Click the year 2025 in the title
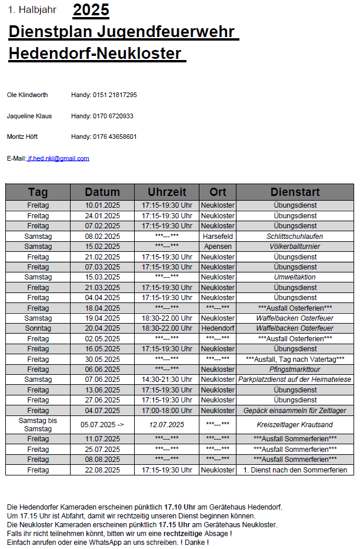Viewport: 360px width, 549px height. (x=91, y=10)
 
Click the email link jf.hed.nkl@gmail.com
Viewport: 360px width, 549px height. (x=58, y=158)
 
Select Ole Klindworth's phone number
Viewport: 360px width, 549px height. (x=115, y=95)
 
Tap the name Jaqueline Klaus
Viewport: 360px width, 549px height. (x=29, y=116)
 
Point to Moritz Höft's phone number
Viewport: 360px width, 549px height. (x=115, y=137)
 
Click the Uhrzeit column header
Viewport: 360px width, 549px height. (x=167, y=192)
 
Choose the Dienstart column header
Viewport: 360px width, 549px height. (x=295, y=192)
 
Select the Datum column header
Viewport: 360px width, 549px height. (x=102, y=192)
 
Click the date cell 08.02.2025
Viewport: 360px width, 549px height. (x=102, y=236)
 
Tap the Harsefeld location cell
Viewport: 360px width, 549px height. (x=218, y=236)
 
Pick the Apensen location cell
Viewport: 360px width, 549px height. (x=218, y=247)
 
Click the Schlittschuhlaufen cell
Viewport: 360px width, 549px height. (x=295, y=236)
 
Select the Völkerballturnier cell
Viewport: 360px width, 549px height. (x=295, y=247)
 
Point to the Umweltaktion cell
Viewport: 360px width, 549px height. (x=295, y=277)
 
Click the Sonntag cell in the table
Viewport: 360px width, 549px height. (x=38, y=328)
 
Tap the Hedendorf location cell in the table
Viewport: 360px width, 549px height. (x=218, y=328)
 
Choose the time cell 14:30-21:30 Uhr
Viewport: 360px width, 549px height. (x=167, y=380)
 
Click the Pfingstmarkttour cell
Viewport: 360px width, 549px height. (x=295, y=370)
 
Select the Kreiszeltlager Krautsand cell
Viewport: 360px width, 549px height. (x=295, y=424)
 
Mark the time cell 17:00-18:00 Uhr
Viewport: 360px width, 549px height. (x=167, y=410)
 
